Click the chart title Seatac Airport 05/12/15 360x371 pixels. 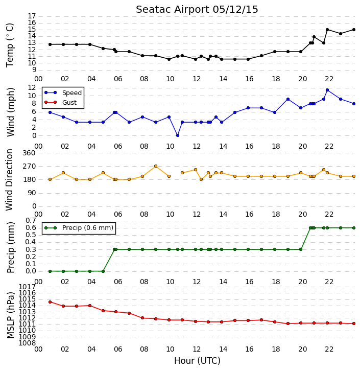pyautogui.click(x=197, y=10)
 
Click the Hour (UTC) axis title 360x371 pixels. pyautogui.click(x=197, y=361)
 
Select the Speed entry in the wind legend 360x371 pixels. pyautogui.click(x=63, y=93)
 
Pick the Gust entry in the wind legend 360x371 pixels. pyautogui.click(x=61, y=102)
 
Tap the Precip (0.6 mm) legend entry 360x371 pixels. pyautogui.click(x=79, y=228)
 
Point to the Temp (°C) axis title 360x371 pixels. pyautogui.click(x=10, y=45)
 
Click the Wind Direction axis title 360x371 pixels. pyautogui.click(x=9, y=180)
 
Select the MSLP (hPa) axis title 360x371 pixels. pyautogui.click(x=10, y=315)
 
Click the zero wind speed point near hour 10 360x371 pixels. pyautogui.click(x=178, y=135)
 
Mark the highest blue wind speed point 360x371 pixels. pyautogui.click(x=327, y=90)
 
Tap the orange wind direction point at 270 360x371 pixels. pyautogui.click(x=156, y=166)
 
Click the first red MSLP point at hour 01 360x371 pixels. pyautogui.click(x=50, y=302)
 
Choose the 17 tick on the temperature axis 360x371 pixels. pyautogui.click(x=32, y=16)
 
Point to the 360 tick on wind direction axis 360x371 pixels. pyautogui.click(x=29, y=153)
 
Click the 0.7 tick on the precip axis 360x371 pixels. pyautogui.click(x=31, y=221)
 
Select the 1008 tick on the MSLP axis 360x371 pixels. pyautogui.click(x=28, y=343)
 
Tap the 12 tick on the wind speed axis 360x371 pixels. pyautogui.click(x=32, y=88)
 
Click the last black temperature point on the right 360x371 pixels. pyautogui.click(x=354, y=30)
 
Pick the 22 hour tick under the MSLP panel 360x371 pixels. pyautogui.click(x=329, y=349)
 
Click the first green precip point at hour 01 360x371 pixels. pyautogui.click(x=50, y=271)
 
